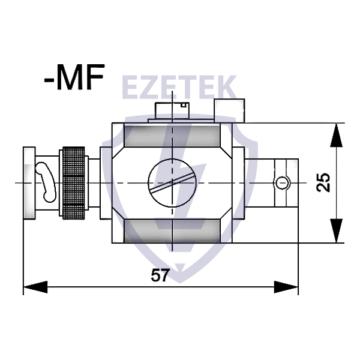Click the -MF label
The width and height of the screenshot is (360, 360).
(x=74, y=77)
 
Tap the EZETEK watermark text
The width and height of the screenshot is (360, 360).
(x=179, y=87)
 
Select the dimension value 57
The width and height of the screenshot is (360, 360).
(x=160, y=275)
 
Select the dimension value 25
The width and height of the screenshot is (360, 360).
(x=323, y=182)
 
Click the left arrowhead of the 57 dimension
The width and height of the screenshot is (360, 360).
(x=35, y=287)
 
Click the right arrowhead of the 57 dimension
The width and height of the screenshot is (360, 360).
(x=286, y=287)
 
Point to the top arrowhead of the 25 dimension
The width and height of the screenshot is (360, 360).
(x=337, y=135)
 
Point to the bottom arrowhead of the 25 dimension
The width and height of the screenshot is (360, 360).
(x=337, y=231)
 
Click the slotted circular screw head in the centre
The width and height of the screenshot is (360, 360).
(x=172, y=183)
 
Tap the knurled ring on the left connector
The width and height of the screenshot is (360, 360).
(x=73, y=183)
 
